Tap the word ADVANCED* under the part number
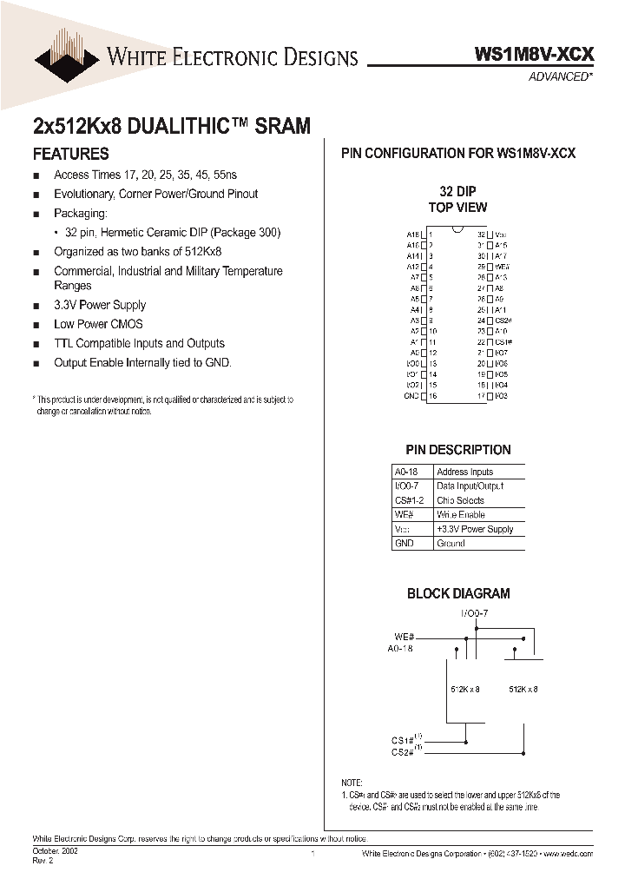561,76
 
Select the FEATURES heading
70,155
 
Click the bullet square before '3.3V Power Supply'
36,307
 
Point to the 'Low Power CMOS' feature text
98,324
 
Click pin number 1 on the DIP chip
431,235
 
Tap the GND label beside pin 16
411,396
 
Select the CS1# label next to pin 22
501,342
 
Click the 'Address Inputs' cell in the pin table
464,472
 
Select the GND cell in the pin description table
404,543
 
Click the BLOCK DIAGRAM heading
458,594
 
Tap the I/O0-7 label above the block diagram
474,613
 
